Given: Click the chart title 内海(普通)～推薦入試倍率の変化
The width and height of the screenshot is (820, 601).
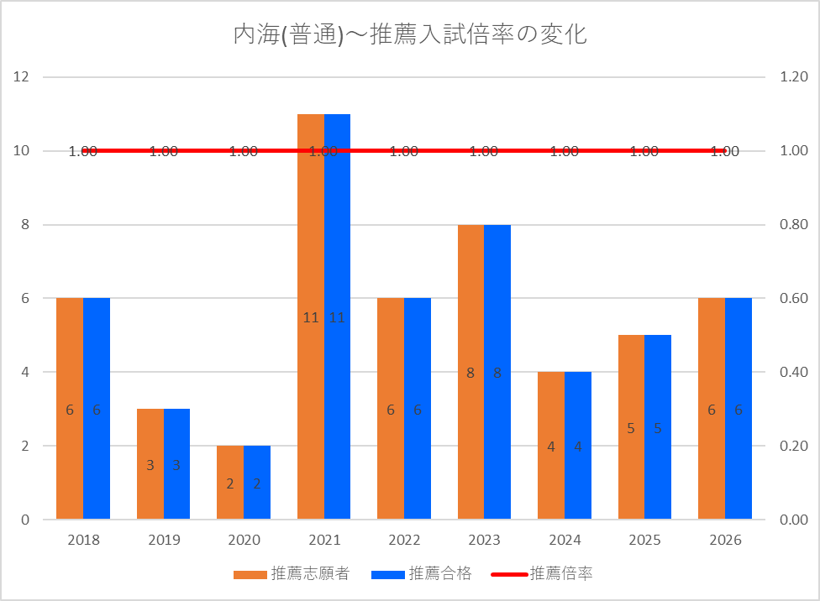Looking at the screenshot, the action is [410, 34].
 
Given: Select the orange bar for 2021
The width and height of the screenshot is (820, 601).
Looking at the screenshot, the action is [311, 316].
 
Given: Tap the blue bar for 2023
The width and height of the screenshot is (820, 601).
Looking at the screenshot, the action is [497, 372].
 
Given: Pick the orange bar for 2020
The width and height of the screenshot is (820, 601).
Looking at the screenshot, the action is [230, 483].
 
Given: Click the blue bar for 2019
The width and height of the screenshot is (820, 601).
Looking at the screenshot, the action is [176, 463].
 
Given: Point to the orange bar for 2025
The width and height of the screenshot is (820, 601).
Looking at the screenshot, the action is [631, 427].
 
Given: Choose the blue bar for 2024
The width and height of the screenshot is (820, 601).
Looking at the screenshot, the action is [578, 445].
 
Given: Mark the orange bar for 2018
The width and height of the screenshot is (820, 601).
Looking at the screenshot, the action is [70, 408].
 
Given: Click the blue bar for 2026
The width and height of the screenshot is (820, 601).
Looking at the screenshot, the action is [739, 408].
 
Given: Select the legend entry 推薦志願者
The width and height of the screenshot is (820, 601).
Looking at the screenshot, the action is [292, 574].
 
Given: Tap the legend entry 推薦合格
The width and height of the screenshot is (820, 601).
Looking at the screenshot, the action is [422, 574].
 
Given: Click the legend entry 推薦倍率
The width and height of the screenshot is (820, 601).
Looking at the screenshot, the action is [542, 574].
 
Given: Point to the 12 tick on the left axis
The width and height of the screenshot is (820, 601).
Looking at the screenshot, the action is [21, 77].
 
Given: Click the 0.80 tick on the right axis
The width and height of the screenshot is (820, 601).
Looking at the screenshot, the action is [794, 224].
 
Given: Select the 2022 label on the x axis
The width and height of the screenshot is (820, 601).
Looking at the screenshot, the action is [404, 540].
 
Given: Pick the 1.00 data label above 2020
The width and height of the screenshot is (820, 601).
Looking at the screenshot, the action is [244, 152].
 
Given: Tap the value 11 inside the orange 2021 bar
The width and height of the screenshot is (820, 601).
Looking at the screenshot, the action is [311, 318].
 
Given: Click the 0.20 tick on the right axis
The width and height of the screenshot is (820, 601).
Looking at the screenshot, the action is [794, 446].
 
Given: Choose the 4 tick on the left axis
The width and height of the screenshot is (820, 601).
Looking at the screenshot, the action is [25, 372].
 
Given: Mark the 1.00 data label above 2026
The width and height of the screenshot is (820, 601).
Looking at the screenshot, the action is [725, 152].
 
